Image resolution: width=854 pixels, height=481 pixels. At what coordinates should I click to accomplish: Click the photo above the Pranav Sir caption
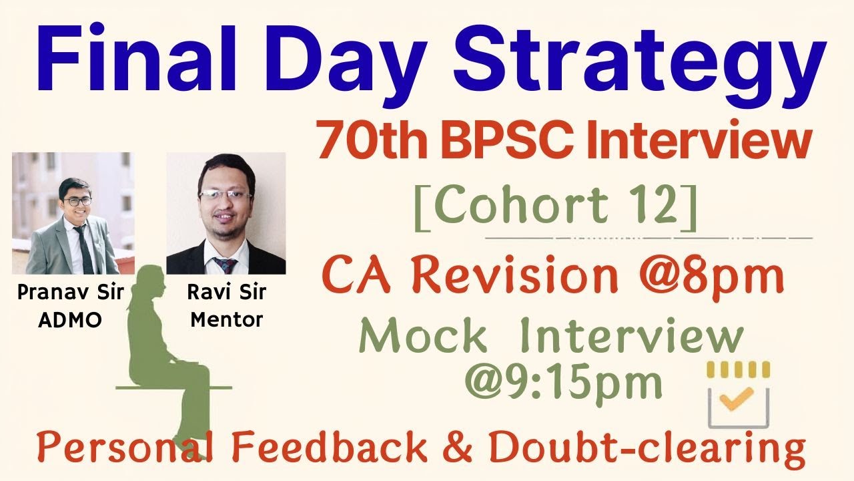(73, 213)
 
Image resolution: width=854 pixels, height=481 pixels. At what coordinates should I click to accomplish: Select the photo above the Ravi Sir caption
(226, 213)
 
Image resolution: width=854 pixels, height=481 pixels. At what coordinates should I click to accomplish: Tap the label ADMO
(70, 320)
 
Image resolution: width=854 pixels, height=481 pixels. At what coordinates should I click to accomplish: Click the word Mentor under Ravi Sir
(227, 320)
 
